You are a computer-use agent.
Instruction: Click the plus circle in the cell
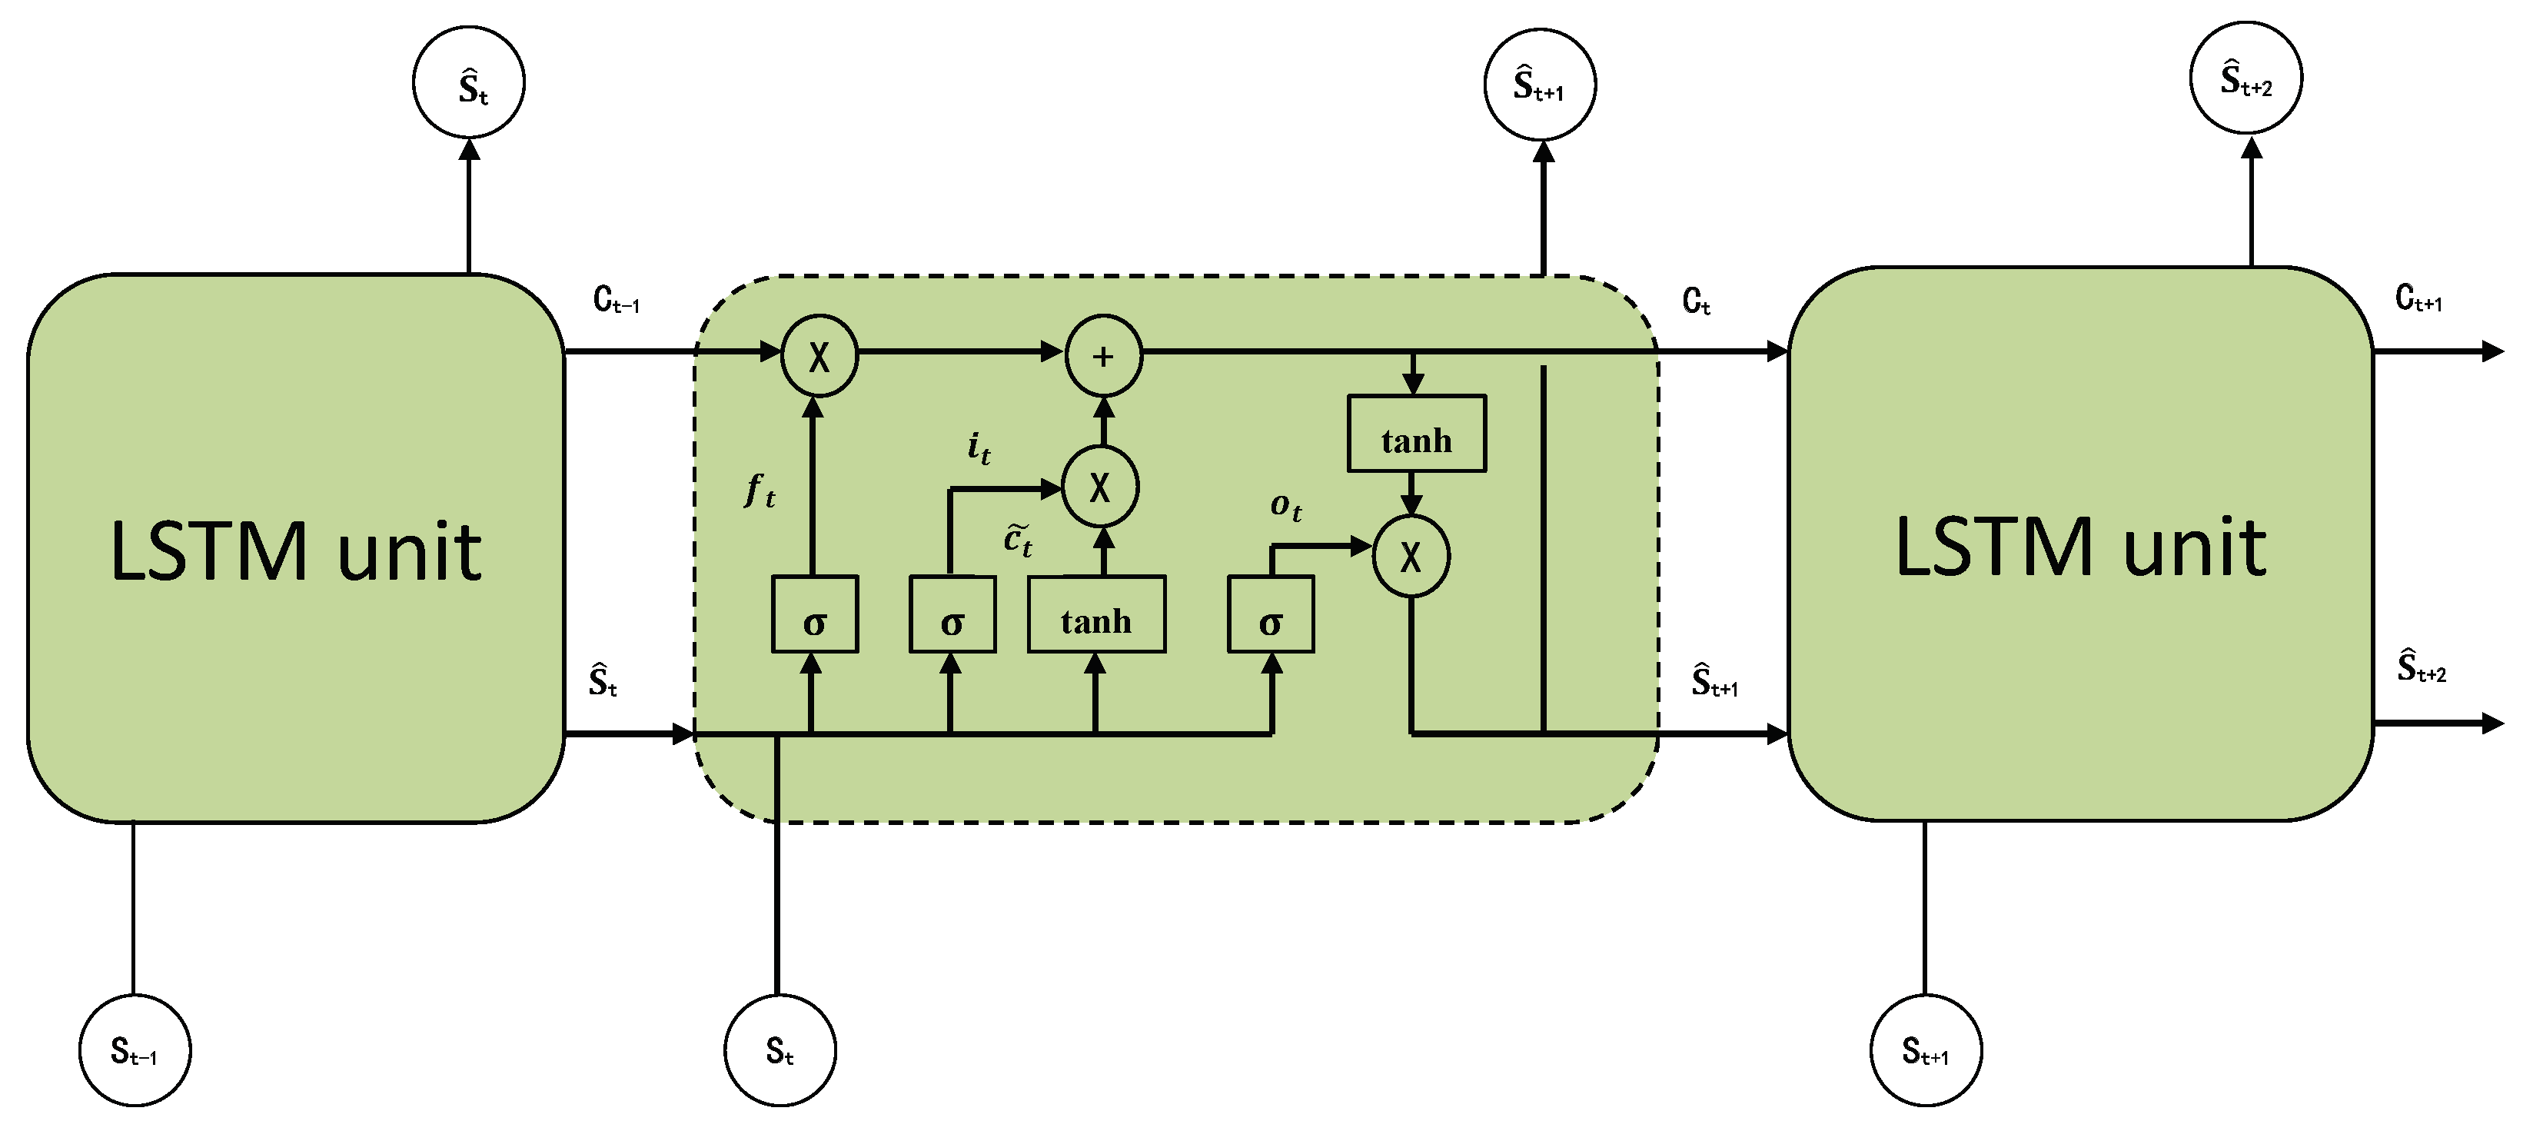[1103, 356]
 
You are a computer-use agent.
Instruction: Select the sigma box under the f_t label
[814, 614]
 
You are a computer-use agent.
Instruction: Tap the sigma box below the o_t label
[1271, 614]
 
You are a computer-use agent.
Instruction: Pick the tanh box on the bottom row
[1096, 614]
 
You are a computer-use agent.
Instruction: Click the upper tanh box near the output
[1416, 434]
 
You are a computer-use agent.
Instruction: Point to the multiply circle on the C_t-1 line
[819, 356]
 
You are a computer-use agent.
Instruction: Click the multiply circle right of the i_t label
[1100, 487]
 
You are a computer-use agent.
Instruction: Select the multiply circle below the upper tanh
[1411, 557]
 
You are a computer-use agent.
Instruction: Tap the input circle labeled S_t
[780, 1050]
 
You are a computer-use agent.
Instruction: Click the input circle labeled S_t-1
[135, 1050]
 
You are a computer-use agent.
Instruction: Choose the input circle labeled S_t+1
[1926, 1050]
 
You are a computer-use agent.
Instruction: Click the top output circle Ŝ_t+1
[1540, 85]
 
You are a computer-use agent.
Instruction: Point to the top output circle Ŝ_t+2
[2245, 78]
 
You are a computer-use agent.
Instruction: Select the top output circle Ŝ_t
[469, 82]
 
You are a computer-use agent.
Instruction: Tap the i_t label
[979, 447]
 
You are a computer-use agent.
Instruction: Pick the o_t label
[1286, 507]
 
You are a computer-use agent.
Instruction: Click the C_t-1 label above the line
[617, 299]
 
